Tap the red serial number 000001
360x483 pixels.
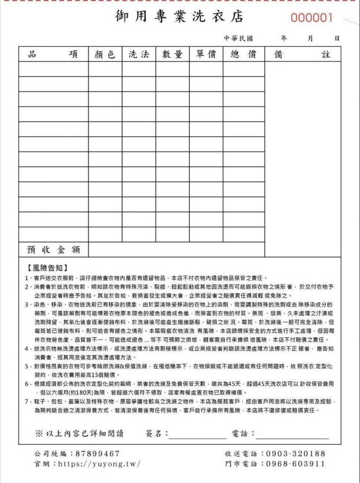[311, 18]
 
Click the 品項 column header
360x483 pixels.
[53, 54]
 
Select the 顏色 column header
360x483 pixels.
[105, 54]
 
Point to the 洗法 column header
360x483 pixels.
[139, 54]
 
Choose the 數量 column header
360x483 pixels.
[172, 54]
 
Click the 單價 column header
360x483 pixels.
[206, 54]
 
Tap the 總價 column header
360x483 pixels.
[243, 54]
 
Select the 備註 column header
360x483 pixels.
[302, 54]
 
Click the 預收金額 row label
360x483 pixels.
[53, 249]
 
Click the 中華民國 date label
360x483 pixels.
[239, 38]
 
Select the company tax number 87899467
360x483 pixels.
[98, 453]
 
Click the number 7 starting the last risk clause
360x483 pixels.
[27, 401]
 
